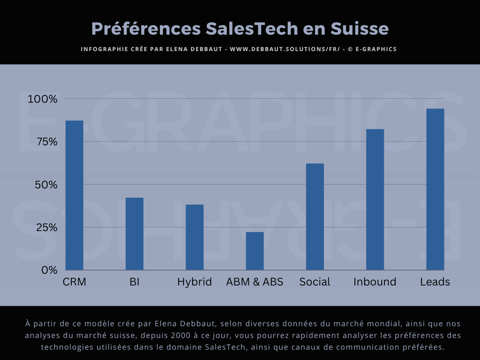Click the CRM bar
74,195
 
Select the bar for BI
135,233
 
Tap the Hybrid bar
195,237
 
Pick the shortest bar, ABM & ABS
255,251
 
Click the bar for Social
315,217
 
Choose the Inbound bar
375,199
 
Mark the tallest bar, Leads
435,189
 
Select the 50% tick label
45,185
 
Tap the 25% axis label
45,227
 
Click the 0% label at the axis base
49,270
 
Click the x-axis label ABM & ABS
255,282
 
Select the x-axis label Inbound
375,282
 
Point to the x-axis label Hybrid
195,282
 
